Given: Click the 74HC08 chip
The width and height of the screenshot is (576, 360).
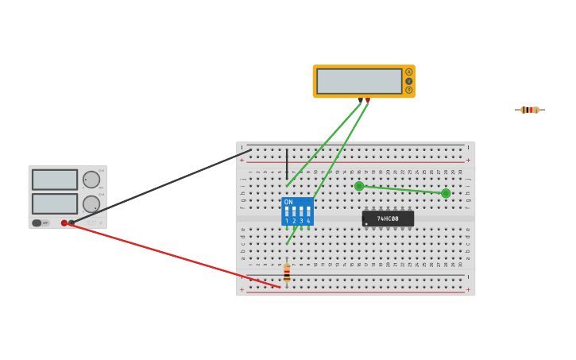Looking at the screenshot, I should [388, 219].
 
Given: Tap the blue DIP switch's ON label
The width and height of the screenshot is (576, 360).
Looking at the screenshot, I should [288, 202].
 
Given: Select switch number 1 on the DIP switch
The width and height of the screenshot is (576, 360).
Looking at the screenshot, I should [287, 213].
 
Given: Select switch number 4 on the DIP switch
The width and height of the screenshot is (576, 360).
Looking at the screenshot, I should [308, 213].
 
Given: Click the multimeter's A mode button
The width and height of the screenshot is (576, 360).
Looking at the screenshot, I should [409, 72].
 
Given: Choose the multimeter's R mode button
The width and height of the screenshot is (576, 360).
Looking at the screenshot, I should [409, 90].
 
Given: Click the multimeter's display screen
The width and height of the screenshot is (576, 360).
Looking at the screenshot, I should [359, 81].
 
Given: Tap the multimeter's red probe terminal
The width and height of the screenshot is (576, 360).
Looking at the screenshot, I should [367, 100].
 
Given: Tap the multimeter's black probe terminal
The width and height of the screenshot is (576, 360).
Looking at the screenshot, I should [360, 100].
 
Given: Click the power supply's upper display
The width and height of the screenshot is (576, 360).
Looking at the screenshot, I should [55, 180].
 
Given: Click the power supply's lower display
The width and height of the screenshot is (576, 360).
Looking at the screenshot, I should [55, 203].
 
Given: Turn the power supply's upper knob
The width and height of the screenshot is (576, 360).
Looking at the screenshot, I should [91, 180].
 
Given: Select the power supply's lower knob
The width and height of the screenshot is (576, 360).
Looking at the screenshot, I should [91, 203].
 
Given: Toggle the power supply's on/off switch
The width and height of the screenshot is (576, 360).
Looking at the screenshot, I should [37, 223].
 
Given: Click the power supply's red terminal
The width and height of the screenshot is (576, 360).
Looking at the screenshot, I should [64, 223].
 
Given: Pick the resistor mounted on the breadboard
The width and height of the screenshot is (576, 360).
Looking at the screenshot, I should [287, 274].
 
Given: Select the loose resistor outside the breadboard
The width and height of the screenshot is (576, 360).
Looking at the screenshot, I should [529, 110].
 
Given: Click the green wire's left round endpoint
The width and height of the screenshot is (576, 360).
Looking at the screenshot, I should [359, 186].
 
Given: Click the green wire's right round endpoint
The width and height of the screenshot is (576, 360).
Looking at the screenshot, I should [446, 193].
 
